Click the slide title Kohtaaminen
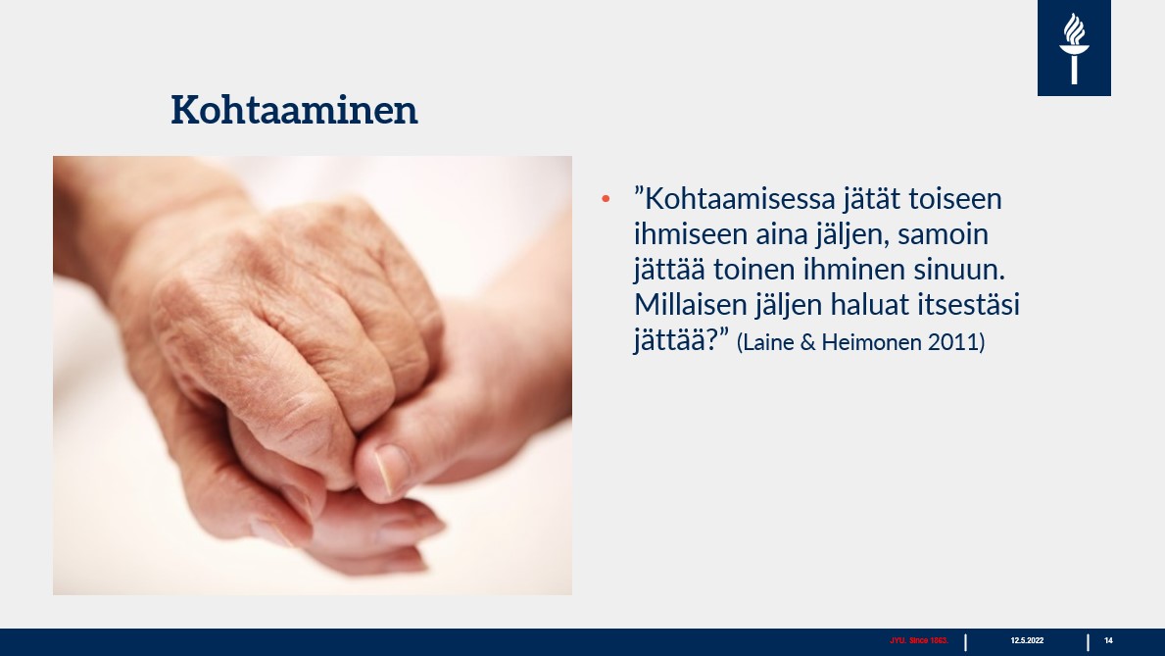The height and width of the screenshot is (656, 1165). pyautogui.click(x=294, y=110)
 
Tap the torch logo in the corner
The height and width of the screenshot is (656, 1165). pyautogui.click(x=1074, y=48)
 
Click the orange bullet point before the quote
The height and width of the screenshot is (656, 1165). pyautogui.click(x=606, y=200)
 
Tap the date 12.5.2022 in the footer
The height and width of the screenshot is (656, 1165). pyautogui.click(x=1027, y=640)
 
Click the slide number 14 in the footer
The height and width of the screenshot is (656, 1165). pyautogui.click(x=1108, y=640)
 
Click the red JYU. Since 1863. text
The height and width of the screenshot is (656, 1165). pyautogui.click(x=919, y=640)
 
